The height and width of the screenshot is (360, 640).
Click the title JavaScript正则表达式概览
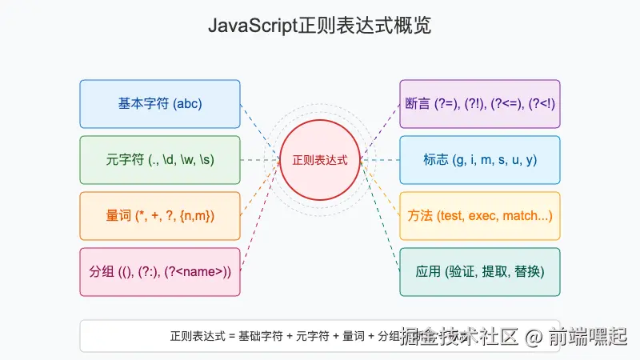pos(320,26)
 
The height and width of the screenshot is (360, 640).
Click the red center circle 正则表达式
pos(320,160)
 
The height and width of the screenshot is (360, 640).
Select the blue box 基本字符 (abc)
pos(160,104)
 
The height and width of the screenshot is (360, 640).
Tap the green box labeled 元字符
pos(160,160)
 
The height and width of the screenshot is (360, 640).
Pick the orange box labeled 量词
pos(160,216)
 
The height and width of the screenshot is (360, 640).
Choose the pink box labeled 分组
pos(160,272)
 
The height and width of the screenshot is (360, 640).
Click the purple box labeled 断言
pos(480,104)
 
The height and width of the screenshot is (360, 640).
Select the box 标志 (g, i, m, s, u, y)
pos(480,160)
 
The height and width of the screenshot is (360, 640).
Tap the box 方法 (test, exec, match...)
pos(480,216)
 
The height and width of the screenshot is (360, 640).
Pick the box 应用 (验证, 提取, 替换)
pos(480,272)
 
